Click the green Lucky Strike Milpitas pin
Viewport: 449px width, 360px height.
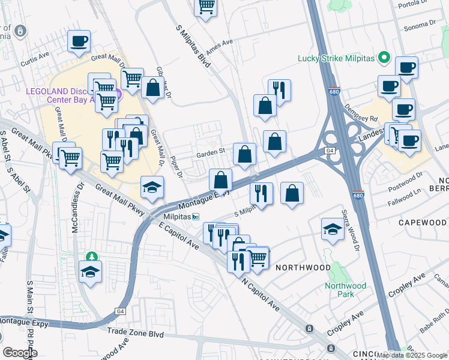point(385,58)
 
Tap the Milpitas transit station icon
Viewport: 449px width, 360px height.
point(196,217)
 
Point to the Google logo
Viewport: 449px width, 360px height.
point(20,352)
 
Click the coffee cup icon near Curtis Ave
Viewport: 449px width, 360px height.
point(79,41)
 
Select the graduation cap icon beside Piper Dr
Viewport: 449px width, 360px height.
point(152,187)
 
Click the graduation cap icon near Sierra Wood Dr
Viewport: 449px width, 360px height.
point(333,229)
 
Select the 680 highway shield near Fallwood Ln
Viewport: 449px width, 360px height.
point(358,196)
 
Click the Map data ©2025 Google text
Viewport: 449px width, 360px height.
point(412,355)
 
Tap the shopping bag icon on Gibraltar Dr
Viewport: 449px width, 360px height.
point(153,88)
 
